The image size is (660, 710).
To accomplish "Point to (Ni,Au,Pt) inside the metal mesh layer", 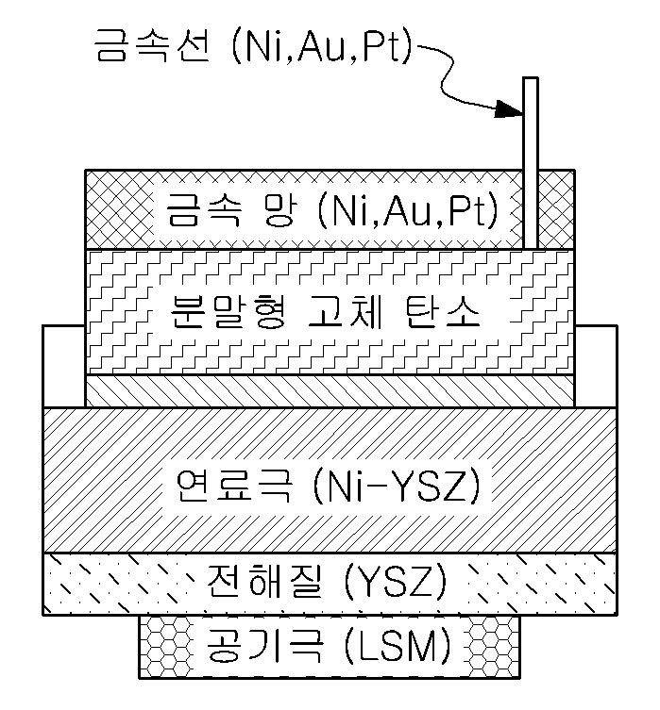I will pyautogui.click(x=409, y=208).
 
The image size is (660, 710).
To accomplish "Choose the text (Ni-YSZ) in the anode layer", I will pyautogui.click(x=398, y=485).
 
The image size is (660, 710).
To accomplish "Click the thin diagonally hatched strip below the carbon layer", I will pyautogui.click(x=330, y=389).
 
